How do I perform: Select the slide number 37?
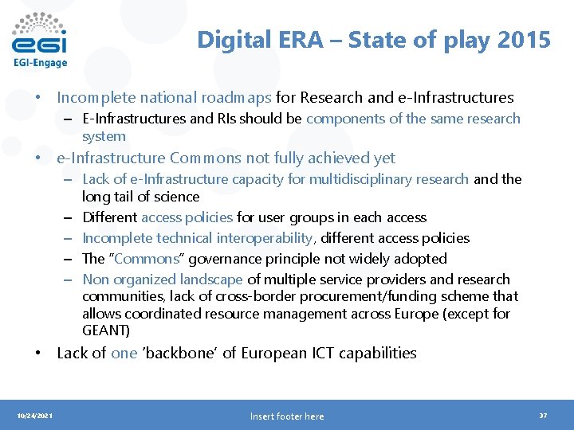point(543,416)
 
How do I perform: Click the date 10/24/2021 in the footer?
point(35,416)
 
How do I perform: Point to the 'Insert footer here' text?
point(287,416)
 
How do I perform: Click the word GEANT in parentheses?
point(105,330)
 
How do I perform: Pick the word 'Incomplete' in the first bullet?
point(96,98)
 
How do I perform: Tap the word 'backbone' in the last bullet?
point(181,353)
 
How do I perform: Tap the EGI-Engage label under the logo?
point(40,63)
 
